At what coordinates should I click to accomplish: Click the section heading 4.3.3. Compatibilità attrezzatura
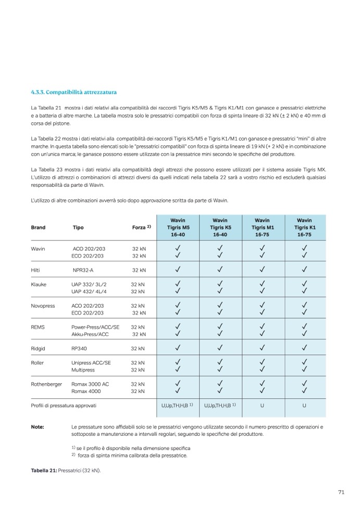70,92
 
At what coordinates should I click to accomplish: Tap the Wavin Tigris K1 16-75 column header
304,227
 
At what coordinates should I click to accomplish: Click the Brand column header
38,227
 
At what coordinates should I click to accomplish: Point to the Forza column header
141,227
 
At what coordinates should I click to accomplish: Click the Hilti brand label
36,270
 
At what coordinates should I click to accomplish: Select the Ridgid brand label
38,348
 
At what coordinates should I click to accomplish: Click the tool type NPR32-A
83,270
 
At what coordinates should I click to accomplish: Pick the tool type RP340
79,348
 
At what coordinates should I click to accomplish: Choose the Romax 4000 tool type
86,391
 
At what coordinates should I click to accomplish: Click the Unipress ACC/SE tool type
92,362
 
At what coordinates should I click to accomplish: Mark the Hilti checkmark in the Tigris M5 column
177,270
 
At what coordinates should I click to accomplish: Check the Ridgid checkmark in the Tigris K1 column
304,348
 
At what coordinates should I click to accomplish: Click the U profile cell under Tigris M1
262,405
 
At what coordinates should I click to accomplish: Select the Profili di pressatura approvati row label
64,405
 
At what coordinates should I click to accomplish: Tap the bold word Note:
38,427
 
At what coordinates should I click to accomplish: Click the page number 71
341,492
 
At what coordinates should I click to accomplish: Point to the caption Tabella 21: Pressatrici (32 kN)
66,471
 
